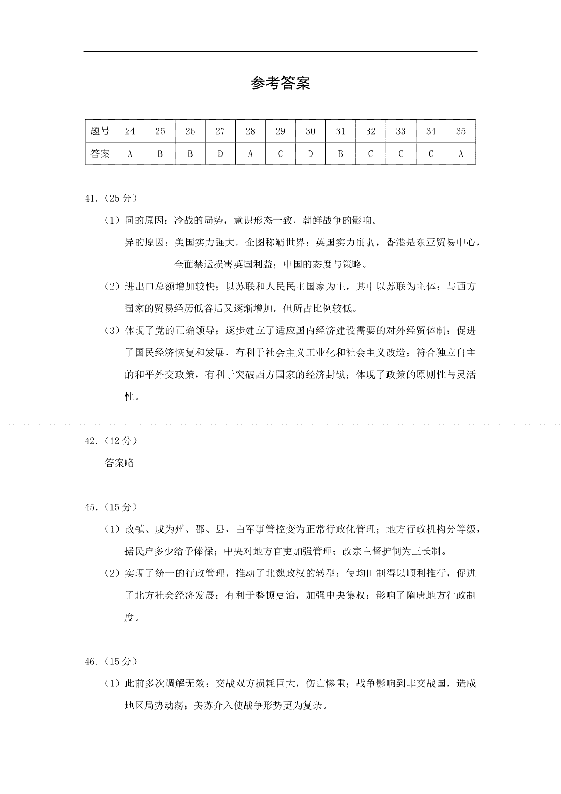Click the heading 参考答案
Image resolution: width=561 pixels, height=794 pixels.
(280, 84)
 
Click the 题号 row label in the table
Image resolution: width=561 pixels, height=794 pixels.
(100, 131)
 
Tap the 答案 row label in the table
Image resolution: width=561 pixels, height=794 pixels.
(100, 154)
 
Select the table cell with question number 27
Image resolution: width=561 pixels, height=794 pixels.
(220, 131)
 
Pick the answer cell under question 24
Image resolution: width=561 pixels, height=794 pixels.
(130, 154)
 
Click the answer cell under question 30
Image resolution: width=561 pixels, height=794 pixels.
(310, 154)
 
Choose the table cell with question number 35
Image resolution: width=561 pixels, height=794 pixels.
(461, 131)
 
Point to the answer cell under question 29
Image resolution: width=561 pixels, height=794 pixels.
(280, 154)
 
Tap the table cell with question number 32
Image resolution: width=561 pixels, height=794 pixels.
(371, 131)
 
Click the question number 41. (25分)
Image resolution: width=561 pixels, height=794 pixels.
(111, 198)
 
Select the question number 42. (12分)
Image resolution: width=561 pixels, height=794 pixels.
(111, 440)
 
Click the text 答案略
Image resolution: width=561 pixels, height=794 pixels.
(120, 463)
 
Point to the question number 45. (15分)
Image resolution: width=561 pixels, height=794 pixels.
(111, 507)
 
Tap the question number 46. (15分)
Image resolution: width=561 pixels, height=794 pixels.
(111, 662)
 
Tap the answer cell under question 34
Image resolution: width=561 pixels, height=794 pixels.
(431, 154)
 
